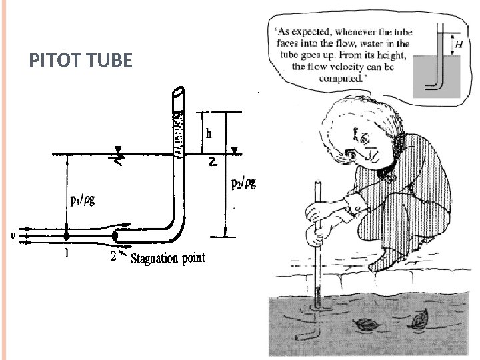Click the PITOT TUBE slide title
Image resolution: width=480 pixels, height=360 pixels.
(x=81, y=62)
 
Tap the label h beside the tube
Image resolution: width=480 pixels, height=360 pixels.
(x=209, y=133)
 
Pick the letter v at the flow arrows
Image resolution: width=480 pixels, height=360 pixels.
(x=13, y=236)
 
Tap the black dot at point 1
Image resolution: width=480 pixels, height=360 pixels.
(x=66, y=235)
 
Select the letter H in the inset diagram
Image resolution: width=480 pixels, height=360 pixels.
(x=457, y=45)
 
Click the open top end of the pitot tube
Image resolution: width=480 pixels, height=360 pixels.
(x=179, y=93)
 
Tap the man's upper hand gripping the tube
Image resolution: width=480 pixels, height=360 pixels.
(x=319, y=211)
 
